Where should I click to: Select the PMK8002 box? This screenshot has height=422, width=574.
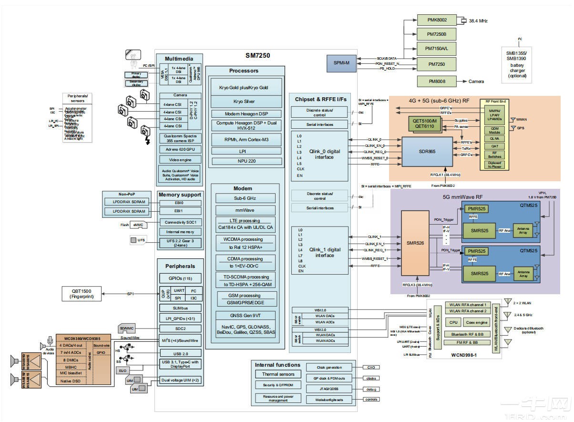(x=437, y=20)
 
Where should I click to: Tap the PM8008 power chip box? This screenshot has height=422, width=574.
(x=437, y=82)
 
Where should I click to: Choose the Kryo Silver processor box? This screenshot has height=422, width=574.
(x=243, y=102)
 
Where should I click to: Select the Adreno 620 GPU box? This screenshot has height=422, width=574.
(x=180, y=149)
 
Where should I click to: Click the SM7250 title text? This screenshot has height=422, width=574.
(x=258, y=56)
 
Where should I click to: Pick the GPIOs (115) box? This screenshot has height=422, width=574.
(x=180, y=278)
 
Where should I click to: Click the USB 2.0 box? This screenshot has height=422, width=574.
(x=180, y=353)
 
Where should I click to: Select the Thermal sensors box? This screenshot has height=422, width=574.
(x=278, y=374)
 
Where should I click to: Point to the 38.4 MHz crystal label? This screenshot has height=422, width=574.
(x=478, y=21)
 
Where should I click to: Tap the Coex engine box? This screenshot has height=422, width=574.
(x=476, y=323)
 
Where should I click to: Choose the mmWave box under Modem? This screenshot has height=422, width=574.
(x=245, y=210)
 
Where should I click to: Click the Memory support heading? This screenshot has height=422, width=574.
(x=180, y=195)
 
